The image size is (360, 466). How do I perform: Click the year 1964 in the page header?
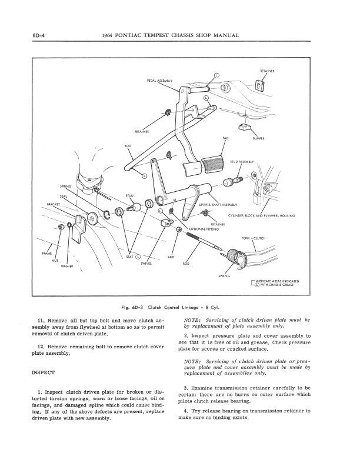[109, 35]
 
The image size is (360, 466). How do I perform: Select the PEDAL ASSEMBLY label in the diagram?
[159, 80]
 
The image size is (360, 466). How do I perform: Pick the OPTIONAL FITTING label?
[204, 229]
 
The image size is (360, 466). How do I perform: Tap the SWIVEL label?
[146, 264]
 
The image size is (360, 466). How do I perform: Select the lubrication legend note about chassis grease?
[276, 282]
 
